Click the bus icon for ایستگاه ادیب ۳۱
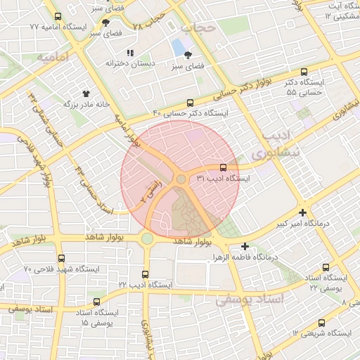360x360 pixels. coord(223,167)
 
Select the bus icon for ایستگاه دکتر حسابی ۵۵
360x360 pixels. coord(304,72)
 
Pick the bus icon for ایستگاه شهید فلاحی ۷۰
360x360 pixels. coord(62,258)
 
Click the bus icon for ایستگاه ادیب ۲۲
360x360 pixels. coord(146,274)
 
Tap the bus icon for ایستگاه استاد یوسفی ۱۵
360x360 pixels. coord(96,302)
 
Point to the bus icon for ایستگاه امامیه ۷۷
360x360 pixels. coord(58,16)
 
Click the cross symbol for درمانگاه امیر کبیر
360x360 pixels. coord(302,212)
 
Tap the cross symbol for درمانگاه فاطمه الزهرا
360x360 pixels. coord(245,246)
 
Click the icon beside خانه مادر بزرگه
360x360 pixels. coord(86,93)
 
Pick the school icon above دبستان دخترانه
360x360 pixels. coord(129,53)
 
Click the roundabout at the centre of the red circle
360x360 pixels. coord(181,179)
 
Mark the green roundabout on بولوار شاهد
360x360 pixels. coord(147,238)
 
